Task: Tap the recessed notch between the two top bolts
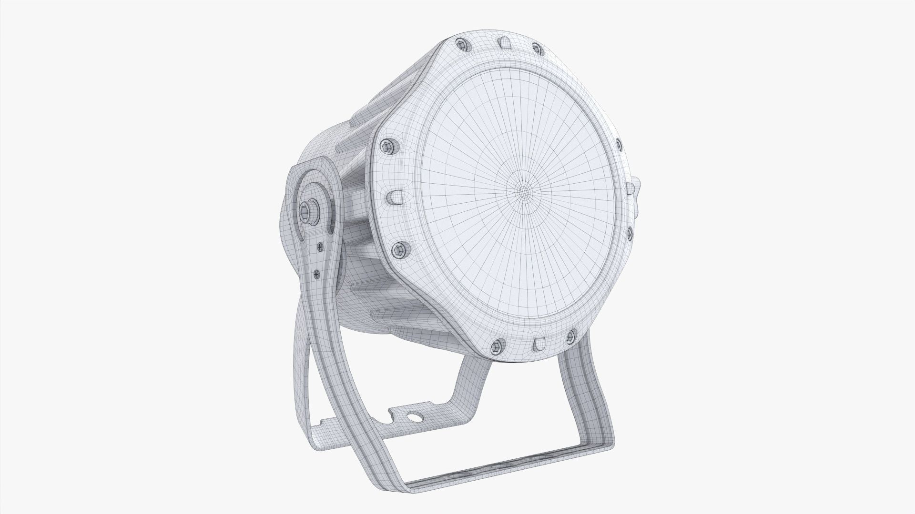click(502, 43)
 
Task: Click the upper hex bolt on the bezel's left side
click(385, 146)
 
